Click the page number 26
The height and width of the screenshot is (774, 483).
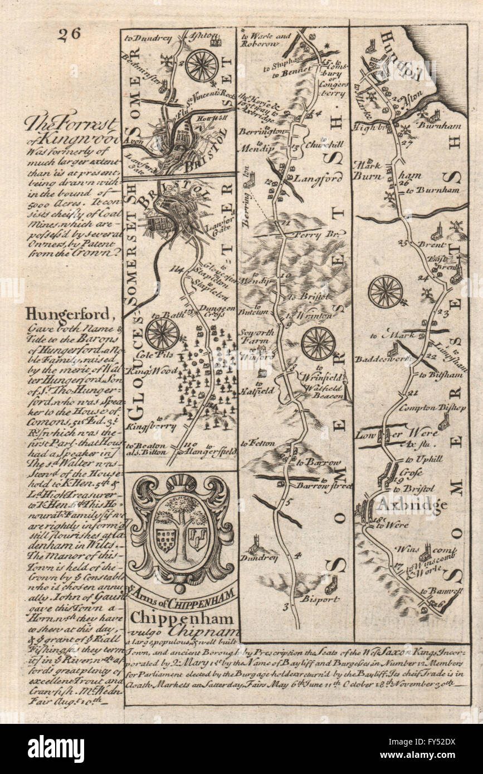click(x=69, y=34)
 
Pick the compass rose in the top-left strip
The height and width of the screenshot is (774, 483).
click(x=202, y=66)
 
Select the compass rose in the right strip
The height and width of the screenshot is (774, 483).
click(x=386, y=291)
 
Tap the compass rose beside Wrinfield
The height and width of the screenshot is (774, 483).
click(x=318, y=344)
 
